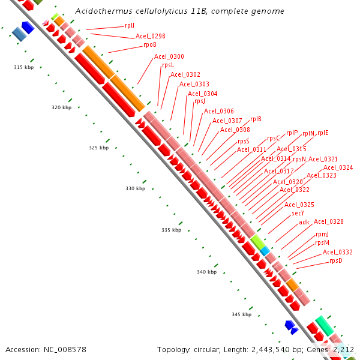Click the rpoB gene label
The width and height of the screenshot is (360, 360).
click(x=149, y=44)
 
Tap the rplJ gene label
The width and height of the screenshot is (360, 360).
click(x=130, y=25)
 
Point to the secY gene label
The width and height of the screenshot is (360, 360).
click(x=298, y=213)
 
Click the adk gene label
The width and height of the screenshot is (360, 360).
click(x=304, y=222)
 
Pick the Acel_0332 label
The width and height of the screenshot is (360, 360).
click(x=338, y=252)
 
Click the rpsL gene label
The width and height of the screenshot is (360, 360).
click(x=168, y=65)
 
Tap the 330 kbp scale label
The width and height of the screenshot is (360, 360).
click(x=135, y=188)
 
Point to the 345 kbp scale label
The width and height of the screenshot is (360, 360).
click(x=242, y=314)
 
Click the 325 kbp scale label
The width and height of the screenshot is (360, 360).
click(x=99, y=148)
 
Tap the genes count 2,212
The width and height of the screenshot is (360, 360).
click(x=343, y=349)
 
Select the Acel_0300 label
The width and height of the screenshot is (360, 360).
click(x=169, y=56)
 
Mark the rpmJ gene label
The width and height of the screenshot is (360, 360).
click(x=322, y=234)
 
